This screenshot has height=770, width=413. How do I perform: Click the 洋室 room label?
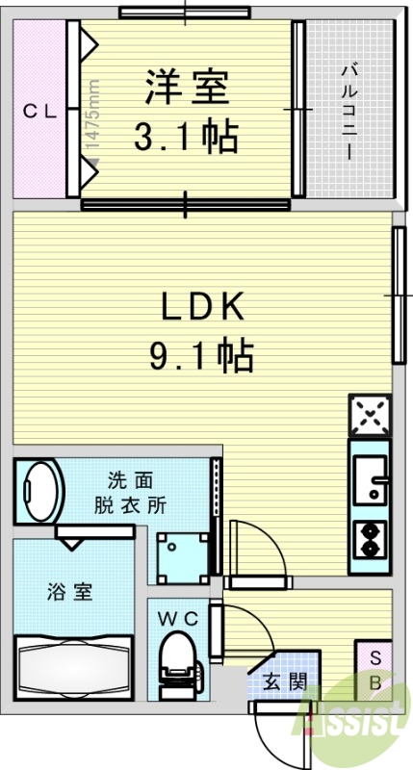click(x=187, y=88)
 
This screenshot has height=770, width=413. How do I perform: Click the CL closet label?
click(x=39, y=112)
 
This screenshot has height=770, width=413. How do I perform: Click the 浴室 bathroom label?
click(x=69, y=591)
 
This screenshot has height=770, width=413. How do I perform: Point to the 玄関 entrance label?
click(x=285, y=683)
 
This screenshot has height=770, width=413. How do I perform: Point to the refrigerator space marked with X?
click(x=370, y=415)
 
